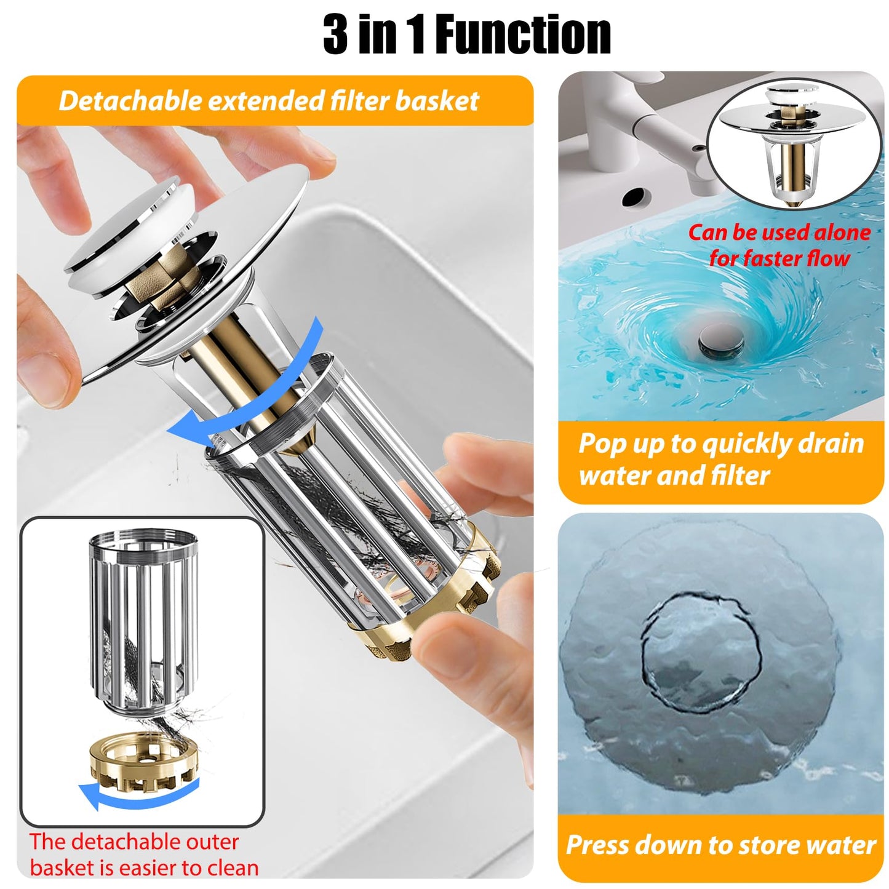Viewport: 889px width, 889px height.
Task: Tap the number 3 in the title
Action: click(x=335, y=34)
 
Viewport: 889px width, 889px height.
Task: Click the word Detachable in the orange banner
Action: click(x=130, y=100)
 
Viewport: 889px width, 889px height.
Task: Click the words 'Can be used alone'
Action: click(x=779, y=233)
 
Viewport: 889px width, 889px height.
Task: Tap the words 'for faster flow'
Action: click(x=779, y=258)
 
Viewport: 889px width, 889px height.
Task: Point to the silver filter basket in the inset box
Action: click(x=143, y=625)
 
